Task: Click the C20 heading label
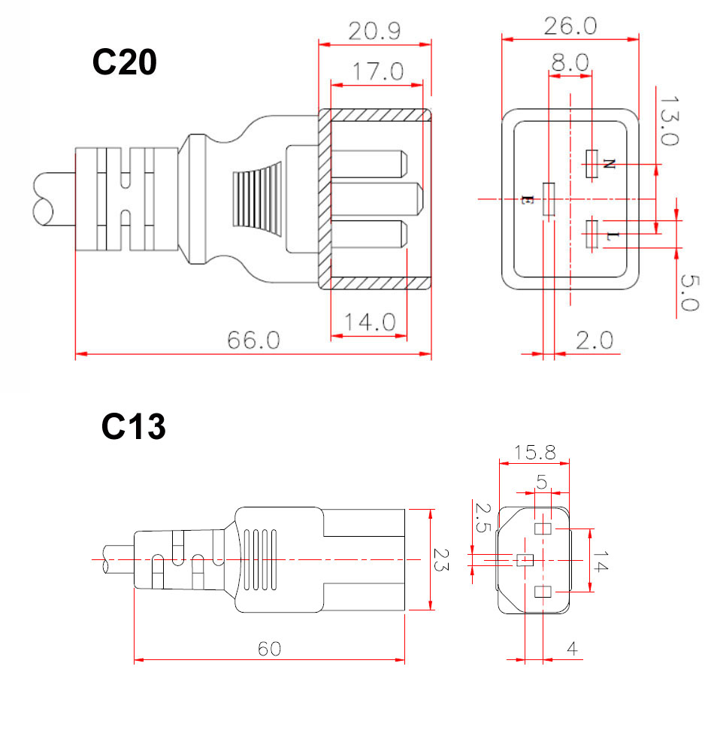pyautogui.click(x=124, y=63)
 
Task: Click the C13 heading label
pyautogui.click(x=133, y=428)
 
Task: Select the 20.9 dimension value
pyautogui.click(x=374, y=32)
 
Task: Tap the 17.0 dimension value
pyautogui.click(x=379, y=72)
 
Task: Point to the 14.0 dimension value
pyautogui.click(x=370, y=322)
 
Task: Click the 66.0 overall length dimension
pyautogui.click(x=254, y=340)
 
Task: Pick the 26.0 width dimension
pyautogui.click(x=570, y=26)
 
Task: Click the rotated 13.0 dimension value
pyautogui.click(x=668, y=121)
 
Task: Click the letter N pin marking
pyautogui.click(x=609, y=163)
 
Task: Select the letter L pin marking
pyautogui.click(x=613, y=236)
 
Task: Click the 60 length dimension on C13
pyautogui.click(x=269, y=648)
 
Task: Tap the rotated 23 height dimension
pyautogui.click(x=443, y=559)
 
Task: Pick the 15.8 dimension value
pyautogui.click(x=535, y=453)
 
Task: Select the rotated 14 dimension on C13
pyautogui.click(x=599, y=560)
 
